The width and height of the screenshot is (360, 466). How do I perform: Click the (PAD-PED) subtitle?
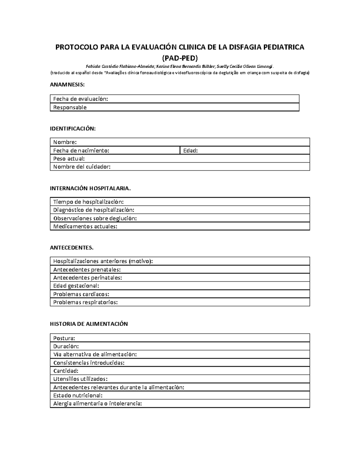pos(180,58)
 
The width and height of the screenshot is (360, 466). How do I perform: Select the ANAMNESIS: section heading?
pos(67,85)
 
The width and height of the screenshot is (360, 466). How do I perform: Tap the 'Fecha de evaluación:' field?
pos(80,99)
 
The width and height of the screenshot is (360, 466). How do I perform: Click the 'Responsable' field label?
pos(70,107)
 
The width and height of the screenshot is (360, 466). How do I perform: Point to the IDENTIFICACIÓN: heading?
pos(73,129)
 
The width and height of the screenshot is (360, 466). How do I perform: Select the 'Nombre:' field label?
pos(65,142)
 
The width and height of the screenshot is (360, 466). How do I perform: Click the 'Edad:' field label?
pos(190,151)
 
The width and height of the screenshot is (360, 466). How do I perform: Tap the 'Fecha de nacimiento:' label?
pos(81,151)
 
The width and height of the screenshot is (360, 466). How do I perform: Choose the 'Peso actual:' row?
pos(69,159)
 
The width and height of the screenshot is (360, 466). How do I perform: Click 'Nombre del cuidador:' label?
pos(82,167)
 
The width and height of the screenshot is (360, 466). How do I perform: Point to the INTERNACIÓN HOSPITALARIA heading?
pos(90,188)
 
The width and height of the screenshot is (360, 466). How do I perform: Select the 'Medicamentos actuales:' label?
pos(85,227)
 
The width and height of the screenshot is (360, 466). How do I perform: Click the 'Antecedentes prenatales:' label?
pos(87,269)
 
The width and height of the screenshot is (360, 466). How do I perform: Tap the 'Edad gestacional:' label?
pos(76,286)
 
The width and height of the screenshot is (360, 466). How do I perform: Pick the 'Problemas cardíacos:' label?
pos(81,294)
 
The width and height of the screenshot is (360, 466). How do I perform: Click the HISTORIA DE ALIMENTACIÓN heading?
pos(89,324)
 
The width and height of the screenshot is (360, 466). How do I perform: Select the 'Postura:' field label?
pos(64,338)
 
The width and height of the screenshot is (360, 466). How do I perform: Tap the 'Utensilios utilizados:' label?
pos(80,379)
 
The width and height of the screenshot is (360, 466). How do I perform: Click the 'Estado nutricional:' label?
pos(78,395)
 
